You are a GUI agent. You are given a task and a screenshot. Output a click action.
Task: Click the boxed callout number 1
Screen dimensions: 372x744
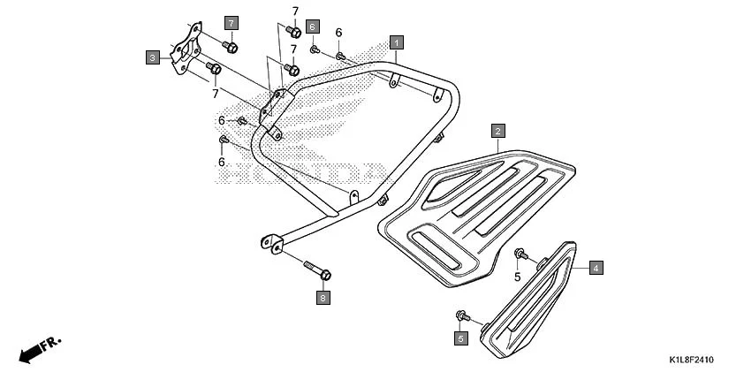click(x=397, y=42)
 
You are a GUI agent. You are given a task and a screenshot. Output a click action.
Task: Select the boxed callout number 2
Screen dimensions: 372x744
click(x=498, y=132)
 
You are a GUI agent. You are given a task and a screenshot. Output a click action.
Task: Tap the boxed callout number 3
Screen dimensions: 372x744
click(x=153, y=57)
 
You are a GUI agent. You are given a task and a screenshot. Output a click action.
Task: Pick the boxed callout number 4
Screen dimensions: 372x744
click(x=596, y=267)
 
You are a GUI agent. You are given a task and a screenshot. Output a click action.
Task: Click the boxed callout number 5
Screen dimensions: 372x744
click(x=460, y=338)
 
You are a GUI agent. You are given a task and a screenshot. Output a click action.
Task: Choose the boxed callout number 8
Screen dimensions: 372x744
click(x=323, y=299)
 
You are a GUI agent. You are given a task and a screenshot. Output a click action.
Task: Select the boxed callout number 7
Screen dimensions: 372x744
click(x=231, y=22)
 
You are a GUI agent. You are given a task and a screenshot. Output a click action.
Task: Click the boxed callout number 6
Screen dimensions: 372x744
click(x=312, y=27)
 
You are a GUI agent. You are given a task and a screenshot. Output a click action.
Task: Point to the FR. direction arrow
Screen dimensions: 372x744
click(x=35, y=350)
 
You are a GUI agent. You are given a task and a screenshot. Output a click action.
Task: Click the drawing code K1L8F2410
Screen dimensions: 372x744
click(x=691, y=361)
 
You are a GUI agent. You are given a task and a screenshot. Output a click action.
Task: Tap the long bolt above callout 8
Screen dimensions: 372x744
click(x=316, y=267)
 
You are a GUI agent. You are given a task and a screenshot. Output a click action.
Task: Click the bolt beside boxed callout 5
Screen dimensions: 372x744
click(x=461, y=315)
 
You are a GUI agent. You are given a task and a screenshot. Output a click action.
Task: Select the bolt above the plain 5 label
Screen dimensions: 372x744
click(x=521, y=255)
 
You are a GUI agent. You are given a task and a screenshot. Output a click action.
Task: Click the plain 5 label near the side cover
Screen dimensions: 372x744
click(x=518, y=277)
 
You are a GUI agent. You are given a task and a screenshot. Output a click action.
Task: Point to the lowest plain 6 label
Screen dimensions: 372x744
click(x=222, y=162)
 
